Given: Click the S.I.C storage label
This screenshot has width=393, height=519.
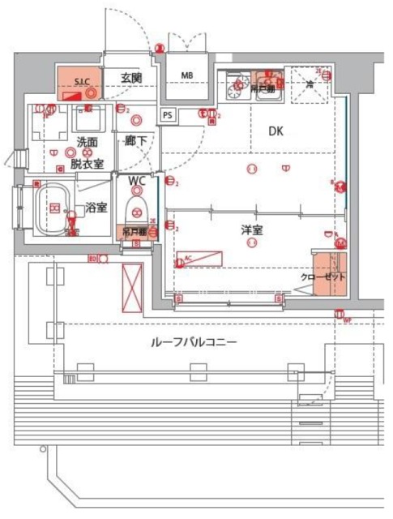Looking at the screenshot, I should pos(82,81).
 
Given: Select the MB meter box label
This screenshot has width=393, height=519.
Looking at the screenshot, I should pos(187,76).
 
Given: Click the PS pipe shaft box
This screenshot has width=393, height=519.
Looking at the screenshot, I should pos(168,115).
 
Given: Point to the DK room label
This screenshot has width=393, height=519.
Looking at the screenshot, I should pos(278,131).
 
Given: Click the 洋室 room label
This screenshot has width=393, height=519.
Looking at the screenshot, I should pos(252,230).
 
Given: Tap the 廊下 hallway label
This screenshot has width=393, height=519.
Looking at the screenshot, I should pos(135,141).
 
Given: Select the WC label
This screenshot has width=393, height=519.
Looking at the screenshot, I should pos(137,179).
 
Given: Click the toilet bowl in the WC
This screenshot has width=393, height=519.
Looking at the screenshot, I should pos(135,204).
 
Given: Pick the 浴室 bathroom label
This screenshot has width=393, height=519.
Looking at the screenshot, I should pos(96,208).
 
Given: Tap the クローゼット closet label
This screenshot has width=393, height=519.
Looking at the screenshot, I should pos(323,277).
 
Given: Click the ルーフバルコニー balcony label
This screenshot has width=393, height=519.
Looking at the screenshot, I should pos(194,343).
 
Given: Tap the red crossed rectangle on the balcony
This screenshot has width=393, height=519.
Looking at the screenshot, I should pos(132,287).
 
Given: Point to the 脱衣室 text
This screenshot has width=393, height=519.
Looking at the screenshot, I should pos(86,163).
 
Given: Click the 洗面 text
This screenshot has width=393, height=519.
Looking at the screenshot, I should pos(87,143).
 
